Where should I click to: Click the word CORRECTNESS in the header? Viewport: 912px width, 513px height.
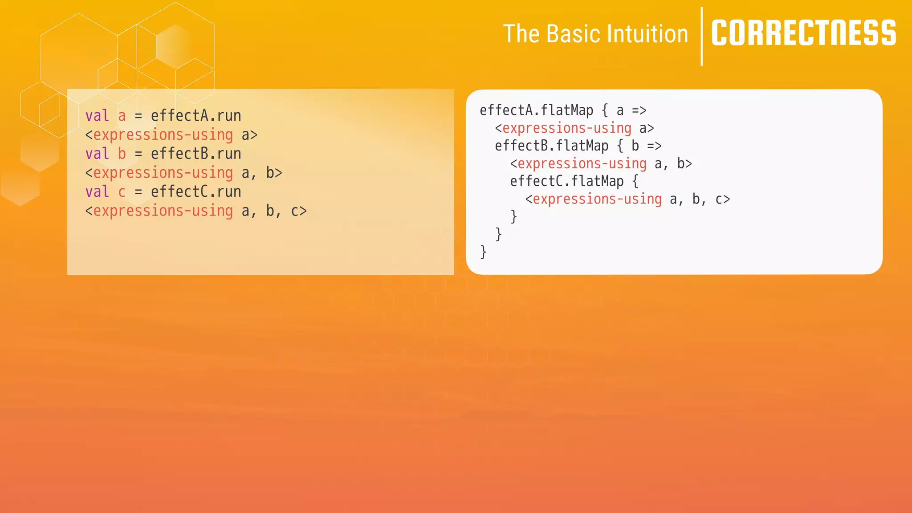pyautogui.click(x=803, y=33)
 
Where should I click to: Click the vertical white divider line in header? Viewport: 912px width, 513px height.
pyautogui.click(x=702, y=37)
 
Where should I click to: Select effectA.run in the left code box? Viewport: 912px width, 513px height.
pyautogui.click(x=196, y=116)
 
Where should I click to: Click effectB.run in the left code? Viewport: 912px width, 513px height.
pyautogui.click(x=196, y=154)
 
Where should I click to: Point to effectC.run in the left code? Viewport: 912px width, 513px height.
pyautogui.click(x=196, y=191)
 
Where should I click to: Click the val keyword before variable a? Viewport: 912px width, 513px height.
pyautogui.click(x=97, y=116)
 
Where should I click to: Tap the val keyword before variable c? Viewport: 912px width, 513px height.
pyautogui.click(x=97, y=191)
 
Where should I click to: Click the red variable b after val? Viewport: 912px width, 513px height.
pyautogui.click(x=122, y=154)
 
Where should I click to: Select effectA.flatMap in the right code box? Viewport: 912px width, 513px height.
pyautogui.click(x=536, y=110)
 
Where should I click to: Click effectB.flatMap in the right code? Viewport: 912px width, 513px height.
pyautogui.click(x=551, y=146)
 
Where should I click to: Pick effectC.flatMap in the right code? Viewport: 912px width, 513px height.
pyautogui.click(x=566, y=181)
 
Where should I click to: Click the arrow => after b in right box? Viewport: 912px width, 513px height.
pyautogui.click(x=654, y=146)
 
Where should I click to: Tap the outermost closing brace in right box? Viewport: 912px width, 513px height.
pyautogui.click(x=483, y=252)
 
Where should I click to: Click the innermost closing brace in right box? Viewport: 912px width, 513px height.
pyautogui.click(x=513, y=216)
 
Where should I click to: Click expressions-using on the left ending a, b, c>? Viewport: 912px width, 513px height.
pyautogui.click(x=163, y=211)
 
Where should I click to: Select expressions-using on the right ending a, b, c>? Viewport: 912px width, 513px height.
pyautogui.click(x=597, y=199)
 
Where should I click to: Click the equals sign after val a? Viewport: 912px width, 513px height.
pyautogui.click(x=138, y=116)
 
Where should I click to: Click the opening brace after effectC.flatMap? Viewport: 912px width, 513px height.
pyautogui.click(x=635, y=181)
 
